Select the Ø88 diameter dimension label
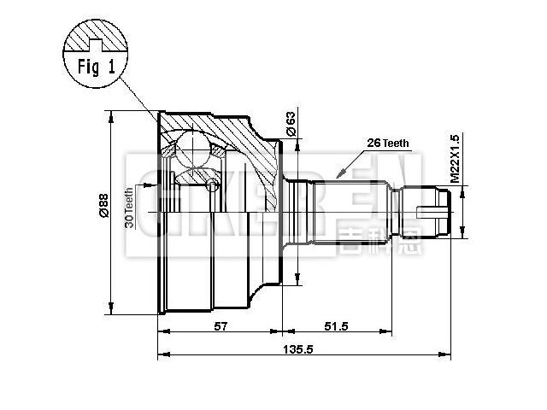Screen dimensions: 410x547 (102, 208)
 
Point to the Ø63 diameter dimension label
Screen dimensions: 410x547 (291, 125)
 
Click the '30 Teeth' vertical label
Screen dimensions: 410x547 (129, 208)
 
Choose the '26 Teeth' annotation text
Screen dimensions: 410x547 (388, 143)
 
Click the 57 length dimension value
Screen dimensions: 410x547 (221, 327)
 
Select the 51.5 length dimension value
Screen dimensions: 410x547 (337, 327)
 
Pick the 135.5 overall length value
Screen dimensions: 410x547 (301, 349)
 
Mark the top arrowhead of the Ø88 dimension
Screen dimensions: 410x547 (111, 114)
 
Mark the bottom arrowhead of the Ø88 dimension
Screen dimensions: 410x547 (111, 309)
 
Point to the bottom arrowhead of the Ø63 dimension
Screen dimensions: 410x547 (297, 281)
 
